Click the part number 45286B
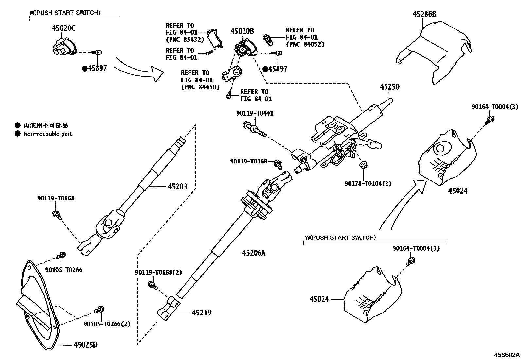[x=424, y=14]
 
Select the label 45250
[x=389, y=87]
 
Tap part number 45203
[x=177, y=187]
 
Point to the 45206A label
[x=254, y=253]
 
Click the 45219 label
[x=201, y=313]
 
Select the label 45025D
[x=85, y=345]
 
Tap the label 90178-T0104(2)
[x=368, y=183]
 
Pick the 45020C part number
[x=63, y=28]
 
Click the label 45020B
[x=242, y=31]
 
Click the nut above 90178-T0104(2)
[x=363, y=165]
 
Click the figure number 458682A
[x=507, y=355]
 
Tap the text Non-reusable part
[x=47, y=134]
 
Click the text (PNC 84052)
[x=305, y=44]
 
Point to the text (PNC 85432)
[x=185, y=40]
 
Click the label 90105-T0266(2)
[x=107, y=324]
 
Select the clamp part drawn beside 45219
[x=169, y=309]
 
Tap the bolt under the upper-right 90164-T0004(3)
[x=490, y=120]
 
